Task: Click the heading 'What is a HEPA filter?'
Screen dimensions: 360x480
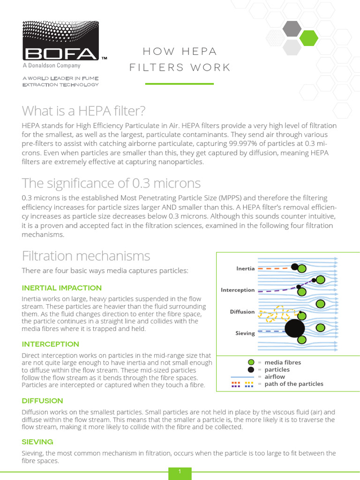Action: pos(84,111)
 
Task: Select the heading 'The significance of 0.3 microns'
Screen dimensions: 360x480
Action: pos(111,183)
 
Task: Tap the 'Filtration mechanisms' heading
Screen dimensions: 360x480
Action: pos(86,256)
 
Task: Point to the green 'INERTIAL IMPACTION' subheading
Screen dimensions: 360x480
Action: pos(61,288)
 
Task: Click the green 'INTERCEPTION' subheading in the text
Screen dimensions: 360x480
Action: pos(50,344)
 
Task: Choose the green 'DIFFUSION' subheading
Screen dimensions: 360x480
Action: pos(42,401)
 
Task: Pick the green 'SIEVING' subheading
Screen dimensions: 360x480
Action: pos(37,442)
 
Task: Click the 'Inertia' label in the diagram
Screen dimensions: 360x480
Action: pos(246,269)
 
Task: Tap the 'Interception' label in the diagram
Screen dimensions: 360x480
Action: pos(238,290)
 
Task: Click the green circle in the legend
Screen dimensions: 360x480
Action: pos(251,362)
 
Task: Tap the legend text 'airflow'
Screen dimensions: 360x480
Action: pos(275,376)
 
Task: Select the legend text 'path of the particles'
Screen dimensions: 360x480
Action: pos(294,384)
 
